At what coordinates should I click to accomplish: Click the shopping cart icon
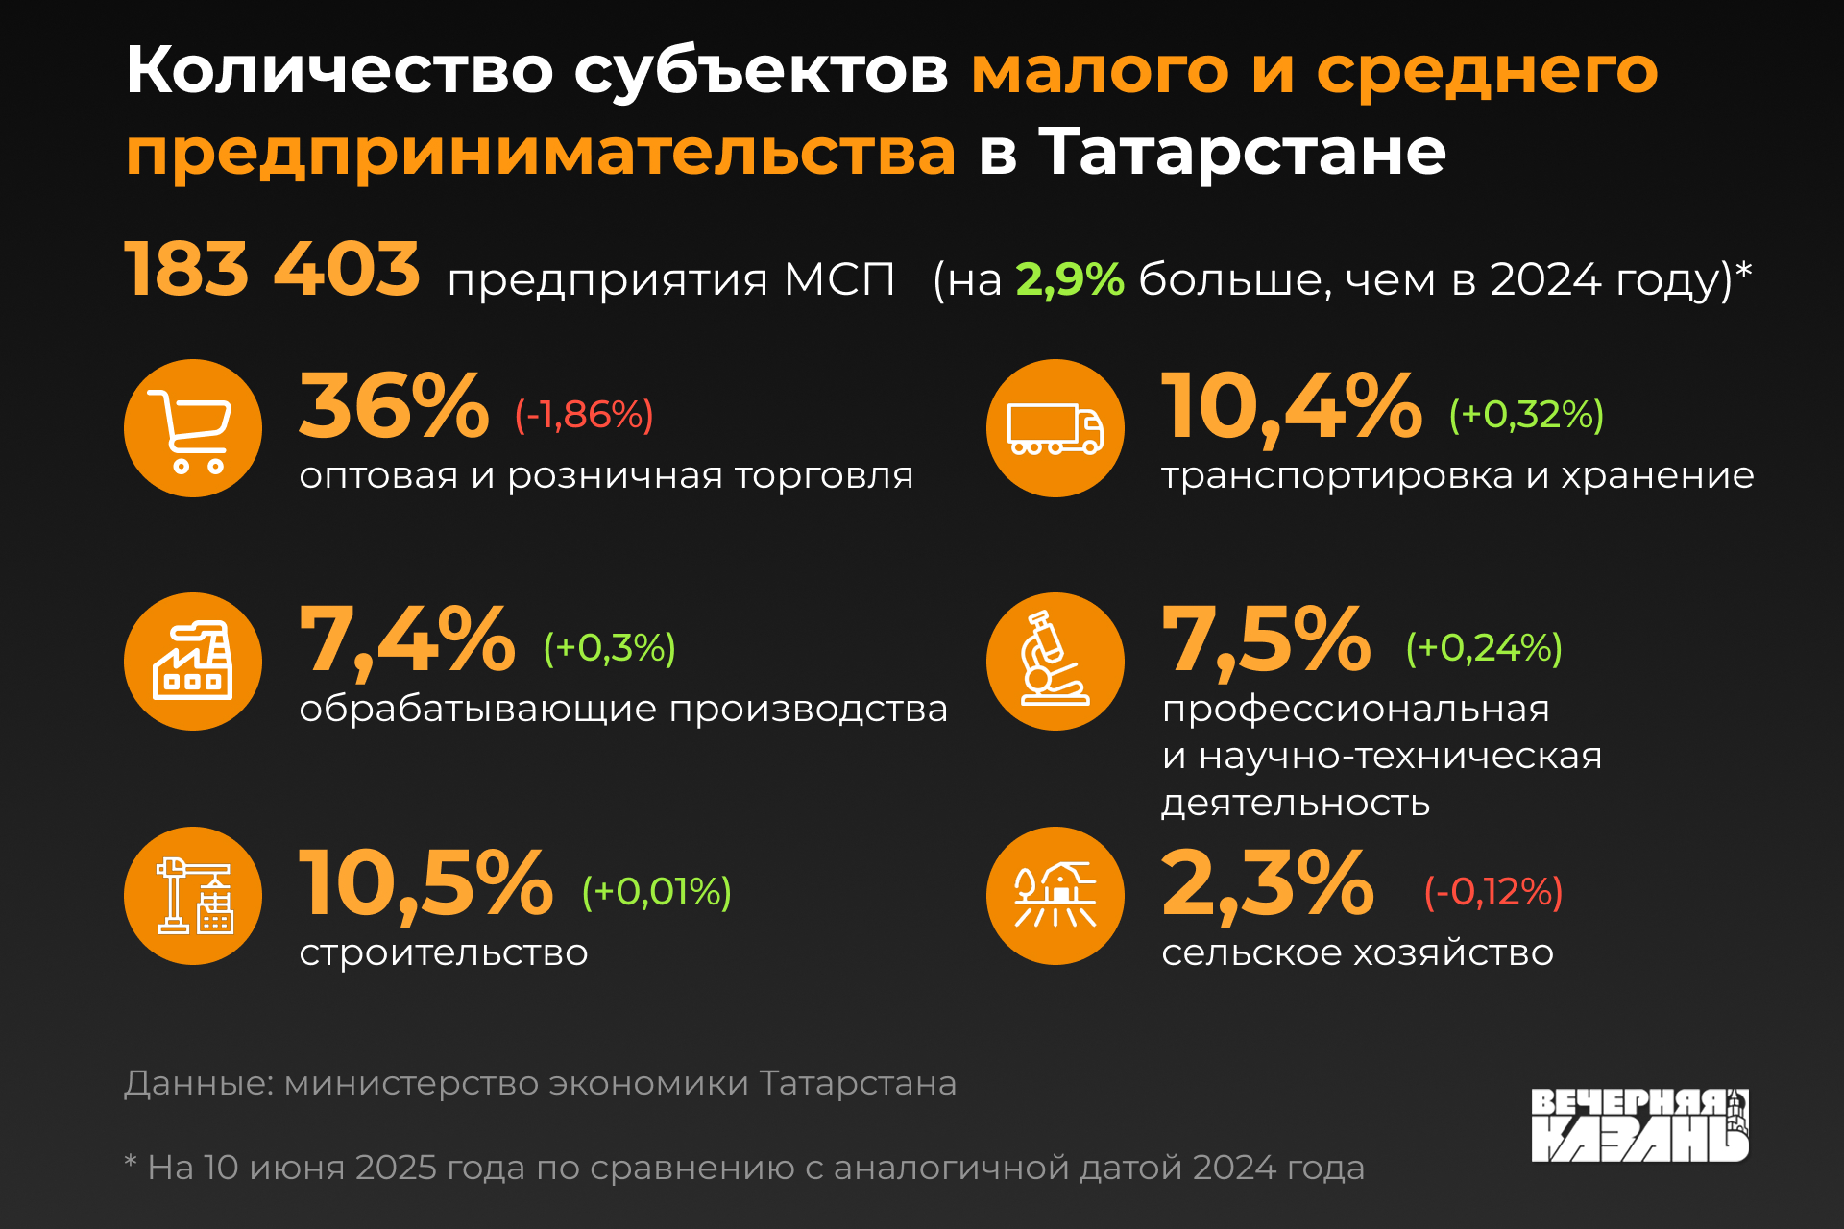(193, 429)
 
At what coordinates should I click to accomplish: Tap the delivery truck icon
(1055, 429)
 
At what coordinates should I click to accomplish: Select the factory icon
(193, 662)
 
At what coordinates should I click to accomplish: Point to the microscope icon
(1055, 662)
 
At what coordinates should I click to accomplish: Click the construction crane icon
(193, 896)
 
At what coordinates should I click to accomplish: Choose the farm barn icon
(1055, 896)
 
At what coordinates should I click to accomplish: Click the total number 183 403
(273, 269)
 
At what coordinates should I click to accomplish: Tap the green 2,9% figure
(1070, 279)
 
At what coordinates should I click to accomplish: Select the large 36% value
(394, 407)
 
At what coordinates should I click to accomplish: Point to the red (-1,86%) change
(584, 415)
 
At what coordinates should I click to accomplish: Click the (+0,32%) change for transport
(1526, 415)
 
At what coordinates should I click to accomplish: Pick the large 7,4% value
(407, 639)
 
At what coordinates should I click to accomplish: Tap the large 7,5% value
(1266, 639)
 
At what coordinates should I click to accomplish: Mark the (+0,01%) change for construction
(657, 892)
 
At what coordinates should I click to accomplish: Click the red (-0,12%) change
(1493, 892)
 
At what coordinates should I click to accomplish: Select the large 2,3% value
(1268, 883)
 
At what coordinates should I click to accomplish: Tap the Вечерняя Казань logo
(1639, 1125)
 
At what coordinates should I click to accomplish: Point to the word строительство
(444, 952)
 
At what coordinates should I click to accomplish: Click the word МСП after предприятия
(839, 279)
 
